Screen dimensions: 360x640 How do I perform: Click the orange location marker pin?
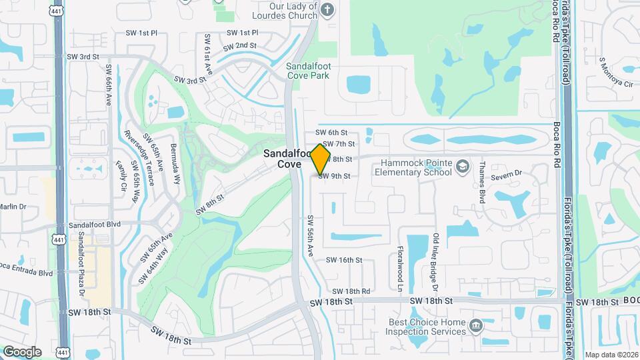coord(321,159)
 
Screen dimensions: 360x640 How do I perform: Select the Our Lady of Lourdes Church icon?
coord(326,9)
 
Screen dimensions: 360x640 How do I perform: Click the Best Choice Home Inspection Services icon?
coord(476,326)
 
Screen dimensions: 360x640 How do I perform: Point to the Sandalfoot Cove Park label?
coord(308,71)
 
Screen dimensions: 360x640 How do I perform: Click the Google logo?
coord(22,351)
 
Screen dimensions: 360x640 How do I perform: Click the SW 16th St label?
coord(344,260)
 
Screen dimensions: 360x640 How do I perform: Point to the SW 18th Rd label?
coord(351,291)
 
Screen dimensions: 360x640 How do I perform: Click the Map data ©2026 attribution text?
coord(611,355)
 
